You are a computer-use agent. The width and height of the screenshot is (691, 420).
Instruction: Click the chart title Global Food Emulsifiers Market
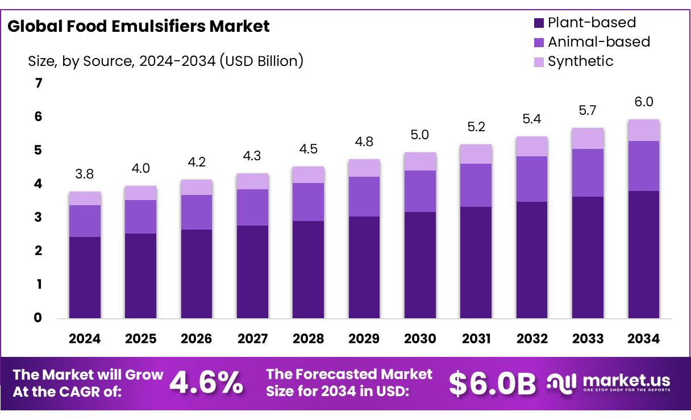138,26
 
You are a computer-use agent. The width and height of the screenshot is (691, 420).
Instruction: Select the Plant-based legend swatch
539,23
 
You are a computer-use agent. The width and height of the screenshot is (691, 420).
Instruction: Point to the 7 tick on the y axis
38,84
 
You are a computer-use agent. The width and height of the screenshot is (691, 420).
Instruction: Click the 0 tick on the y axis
38,318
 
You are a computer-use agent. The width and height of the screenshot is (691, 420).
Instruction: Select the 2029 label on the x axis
364,339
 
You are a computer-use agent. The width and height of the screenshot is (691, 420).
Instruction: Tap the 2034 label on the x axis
643,339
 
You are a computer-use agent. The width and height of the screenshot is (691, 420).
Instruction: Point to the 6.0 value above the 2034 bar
643,102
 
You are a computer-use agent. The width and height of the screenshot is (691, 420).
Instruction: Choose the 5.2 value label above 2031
476,127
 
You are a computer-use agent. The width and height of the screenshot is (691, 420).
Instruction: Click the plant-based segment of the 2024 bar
85,277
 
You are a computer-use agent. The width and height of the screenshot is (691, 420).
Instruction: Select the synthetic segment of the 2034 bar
643,130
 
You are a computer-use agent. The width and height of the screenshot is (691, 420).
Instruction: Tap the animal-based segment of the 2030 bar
420,191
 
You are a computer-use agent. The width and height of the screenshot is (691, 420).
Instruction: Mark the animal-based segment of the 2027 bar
252,207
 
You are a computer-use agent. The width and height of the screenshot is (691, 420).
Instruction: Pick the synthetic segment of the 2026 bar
197,188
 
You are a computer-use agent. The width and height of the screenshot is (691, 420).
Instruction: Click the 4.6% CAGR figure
206,382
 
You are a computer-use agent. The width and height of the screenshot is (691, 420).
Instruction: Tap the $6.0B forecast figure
492,384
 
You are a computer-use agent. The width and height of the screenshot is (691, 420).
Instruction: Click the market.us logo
609,382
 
